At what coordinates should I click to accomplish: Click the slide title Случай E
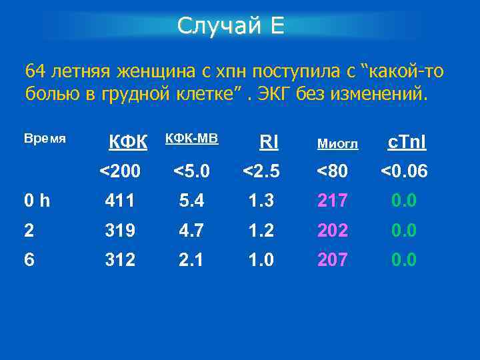click(231, 26)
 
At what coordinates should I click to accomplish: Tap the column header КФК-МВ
click(191, 139)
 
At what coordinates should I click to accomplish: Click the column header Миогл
click(337, 143)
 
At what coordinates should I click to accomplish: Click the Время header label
click(45, 139)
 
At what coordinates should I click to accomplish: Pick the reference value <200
click(120, 171)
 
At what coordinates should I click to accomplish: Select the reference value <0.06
click(404, 171)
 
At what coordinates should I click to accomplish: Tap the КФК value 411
click(120, 200)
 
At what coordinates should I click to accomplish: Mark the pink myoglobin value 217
click(332, 200)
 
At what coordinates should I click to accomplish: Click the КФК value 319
click(120, 230)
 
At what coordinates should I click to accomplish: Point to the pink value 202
click(332, 230)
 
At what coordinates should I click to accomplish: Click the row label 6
click(30, 259)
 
